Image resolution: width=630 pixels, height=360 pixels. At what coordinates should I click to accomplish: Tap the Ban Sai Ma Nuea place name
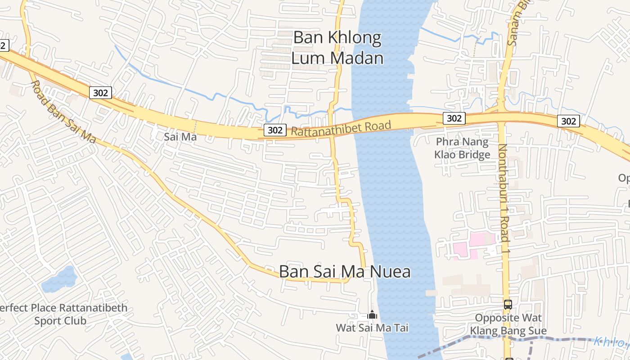(x=345, y=272)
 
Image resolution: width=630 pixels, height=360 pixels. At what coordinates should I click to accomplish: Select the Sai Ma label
(x=180, y=137)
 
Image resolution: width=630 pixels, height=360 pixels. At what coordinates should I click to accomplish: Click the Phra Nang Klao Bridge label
(x=463, y=148)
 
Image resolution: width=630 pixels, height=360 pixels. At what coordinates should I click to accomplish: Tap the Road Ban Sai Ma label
(x=63, y=112)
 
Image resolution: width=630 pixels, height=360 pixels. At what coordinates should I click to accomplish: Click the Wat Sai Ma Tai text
(x=372, y=328)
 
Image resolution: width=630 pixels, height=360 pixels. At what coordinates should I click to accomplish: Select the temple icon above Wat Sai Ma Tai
(x=372, y=315)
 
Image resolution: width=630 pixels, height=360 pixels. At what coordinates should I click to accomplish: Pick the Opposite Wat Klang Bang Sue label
(x=508, y=324)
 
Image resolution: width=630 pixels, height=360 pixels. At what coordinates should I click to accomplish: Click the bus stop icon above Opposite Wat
(x=508, y=305)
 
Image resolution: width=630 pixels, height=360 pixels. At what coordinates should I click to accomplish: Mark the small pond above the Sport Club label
(x=58, y=280)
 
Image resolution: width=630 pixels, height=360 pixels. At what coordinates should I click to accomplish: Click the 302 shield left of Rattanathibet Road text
(x=274, y=130)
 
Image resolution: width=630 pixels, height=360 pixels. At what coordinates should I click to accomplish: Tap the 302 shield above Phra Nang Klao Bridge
(x=454, y=118)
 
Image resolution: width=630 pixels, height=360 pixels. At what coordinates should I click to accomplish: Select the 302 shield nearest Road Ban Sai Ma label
(x=100, y=93)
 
